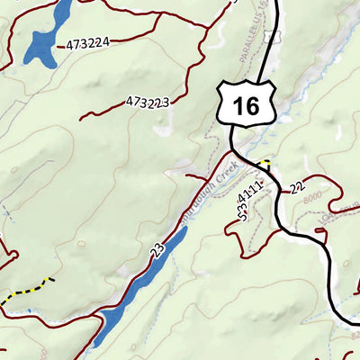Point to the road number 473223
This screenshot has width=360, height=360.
pos(148,102)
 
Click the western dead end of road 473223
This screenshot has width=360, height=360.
pos(81,117)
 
